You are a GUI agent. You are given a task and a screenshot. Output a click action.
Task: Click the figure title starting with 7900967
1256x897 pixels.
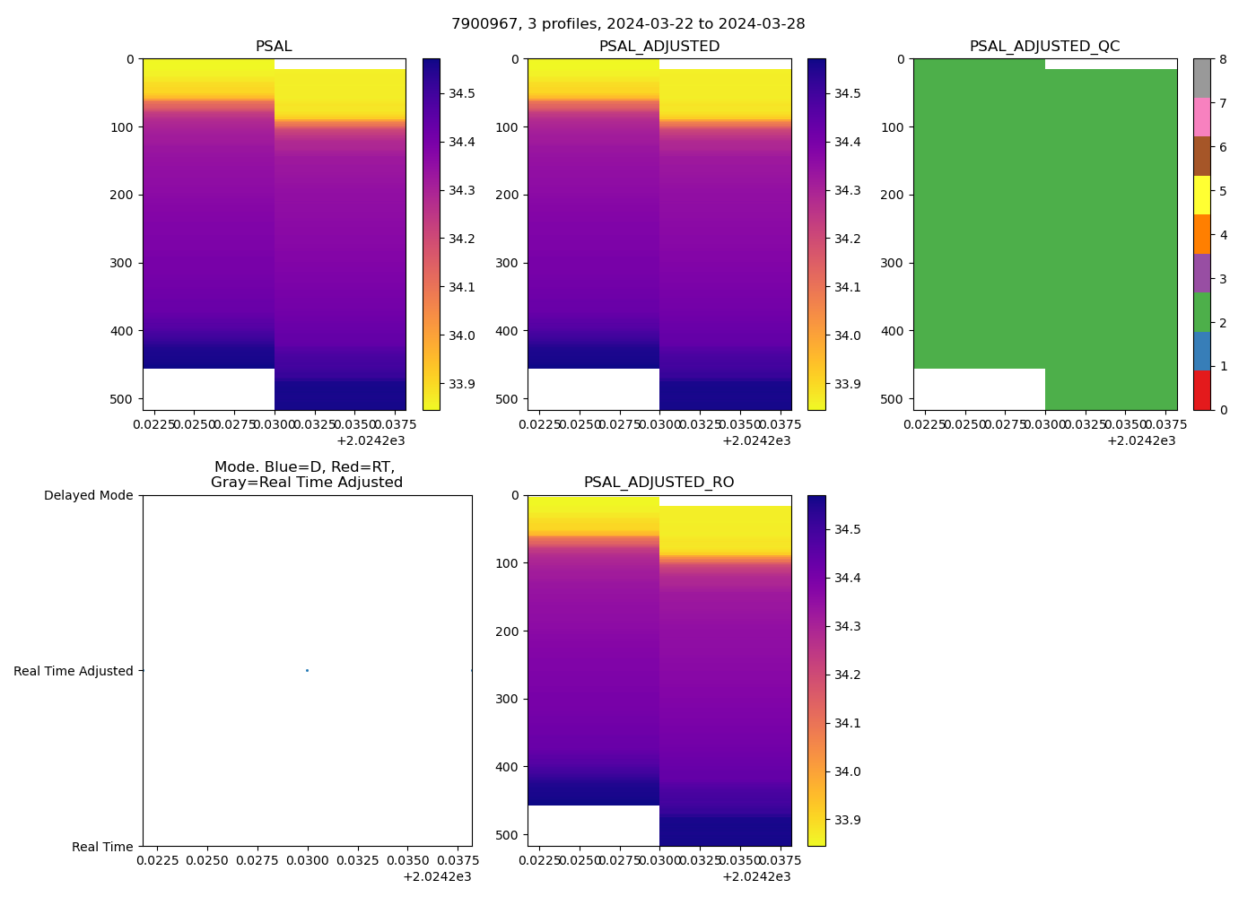628,24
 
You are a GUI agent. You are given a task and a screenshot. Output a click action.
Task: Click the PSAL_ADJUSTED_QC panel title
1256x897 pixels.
1044,47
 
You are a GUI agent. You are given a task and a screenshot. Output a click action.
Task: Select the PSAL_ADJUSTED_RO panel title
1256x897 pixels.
659,483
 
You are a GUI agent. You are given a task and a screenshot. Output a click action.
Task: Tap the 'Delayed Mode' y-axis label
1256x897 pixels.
88,495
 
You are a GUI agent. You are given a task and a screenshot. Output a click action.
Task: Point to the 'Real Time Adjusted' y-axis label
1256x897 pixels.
73,671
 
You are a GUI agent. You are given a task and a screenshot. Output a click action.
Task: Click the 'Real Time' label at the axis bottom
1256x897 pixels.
102,847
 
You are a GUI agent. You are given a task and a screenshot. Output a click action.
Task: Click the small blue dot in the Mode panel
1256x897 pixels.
307,670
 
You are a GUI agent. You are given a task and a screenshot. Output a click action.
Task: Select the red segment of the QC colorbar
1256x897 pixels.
1201,390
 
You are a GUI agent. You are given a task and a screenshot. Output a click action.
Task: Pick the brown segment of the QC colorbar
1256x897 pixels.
1201,156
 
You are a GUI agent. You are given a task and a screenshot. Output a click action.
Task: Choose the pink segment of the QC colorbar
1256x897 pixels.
1201,118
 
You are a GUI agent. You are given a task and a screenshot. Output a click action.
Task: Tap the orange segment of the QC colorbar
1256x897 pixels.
1201,234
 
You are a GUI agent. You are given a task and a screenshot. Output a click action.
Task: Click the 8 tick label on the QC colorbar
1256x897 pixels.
1224,59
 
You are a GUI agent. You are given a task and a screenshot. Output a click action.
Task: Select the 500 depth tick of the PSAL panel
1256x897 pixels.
123,398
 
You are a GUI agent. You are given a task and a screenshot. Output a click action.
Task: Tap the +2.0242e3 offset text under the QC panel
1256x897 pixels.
1141,440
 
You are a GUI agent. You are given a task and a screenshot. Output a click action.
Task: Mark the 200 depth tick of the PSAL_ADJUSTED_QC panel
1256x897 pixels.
894,195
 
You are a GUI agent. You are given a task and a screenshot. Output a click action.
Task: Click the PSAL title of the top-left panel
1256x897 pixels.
274,47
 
